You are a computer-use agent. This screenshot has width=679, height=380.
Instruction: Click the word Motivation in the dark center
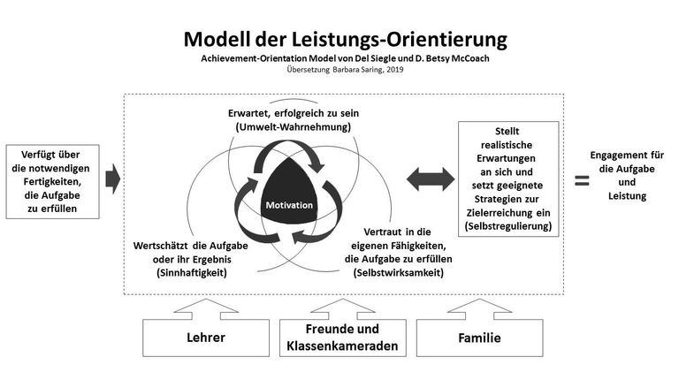point(289,205)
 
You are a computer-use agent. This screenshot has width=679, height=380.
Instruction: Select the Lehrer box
point(206,338)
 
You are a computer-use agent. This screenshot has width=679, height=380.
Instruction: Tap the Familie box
point(480,338)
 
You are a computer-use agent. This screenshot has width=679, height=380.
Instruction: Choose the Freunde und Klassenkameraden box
point(343,338)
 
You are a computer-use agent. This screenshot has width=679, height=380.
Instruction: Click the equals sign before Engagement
point(582,180)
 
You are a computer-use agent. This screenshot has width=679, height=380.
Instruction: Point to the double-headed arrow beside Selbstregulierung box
point(431,179)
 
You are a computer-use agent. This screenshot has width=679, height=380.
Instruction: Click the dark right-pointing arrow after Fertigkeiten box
point(113,179)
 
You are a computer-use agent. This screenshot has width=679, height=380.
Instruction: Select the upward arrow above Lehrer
point(206,309)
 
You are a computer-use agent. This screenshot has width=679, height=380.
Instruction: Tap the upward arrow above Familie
point(480,309)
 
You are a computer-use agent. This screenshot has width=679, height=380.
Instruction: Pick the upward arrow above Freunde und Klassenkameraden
point(343,309)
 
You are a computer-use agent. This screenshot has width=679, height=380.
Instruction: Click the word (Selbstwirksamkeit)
point(399,273)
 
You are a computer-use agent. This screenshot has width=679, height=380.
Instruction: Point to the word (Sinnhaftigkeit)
point(191,273)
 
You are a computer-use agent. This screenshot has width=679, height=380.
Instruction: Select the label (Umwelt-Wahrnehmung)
point(294,126)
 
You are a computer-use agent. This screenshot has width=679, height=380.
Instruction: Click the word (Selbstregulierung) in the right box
point(508,226)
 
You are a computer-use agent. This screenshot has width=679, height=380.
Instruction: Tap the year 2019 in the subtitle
point(395,69)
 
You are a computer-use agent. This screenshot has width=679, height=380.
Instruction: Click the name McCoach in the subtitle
point(470,58)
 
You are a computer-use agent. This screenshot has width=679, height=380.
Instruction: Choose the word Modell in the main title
point(217,39)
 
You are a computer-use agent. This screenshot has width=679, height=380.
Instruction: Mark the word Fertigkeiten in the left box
point(52,181)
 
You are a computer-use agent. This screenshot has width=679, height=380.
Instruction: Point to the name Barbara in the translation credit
point(346,69)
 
